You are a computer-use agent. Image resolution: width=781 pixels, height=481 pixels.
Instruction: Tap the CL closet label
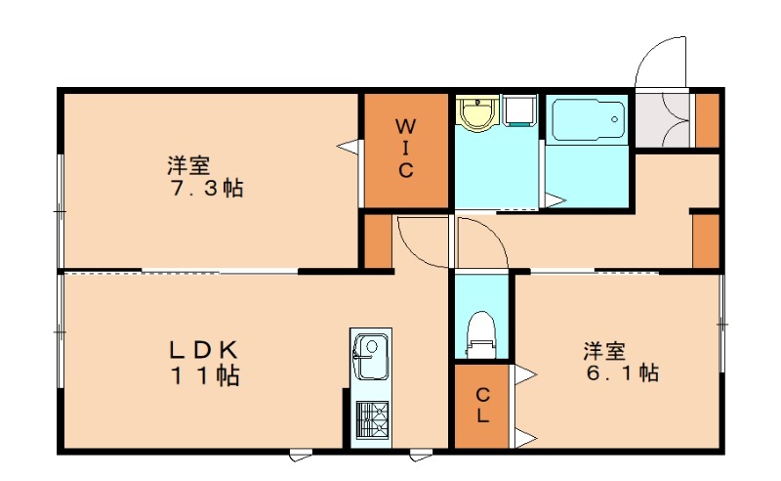483,404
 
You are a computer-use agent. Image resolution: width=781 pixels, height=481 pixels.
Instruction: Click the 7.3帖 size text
208,189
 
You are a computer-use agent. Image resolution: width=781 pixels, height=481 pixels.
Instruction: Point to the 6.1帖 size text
622,372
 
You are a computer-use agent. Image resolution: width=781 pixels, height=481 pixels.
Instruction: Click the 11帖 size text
206,374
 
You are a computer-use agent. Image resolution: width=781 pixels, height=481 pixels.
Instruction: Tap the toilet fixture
481,330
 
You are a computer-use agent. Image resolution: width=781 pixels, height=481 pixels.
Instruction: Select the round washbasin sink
477,114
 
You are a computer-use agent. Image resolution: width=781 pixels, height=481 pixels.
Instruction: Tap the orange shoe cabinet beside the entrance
706,119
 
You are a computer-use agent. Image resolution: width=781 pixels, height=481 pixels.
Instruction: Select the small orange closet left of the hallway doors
377,240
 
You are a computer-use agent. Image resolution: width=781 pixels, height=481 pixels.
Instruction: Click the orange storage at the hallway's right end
705,240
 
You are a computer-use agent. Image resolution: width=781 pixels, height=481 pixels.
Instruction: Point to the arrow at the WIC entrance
348,146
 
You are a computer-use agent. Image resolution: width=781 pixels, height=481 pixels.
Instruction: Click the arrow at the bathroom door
555,201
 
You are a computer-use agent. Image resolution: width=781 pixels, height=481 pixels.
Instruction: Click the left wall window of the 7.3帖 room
61,210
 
